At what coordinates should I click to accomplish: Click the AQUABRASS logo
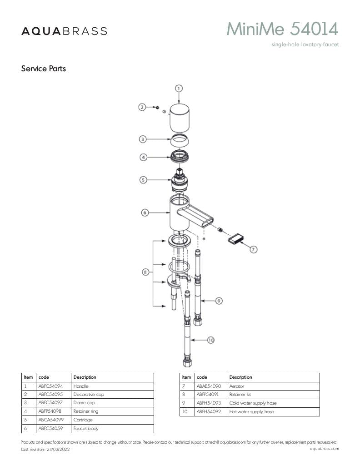64,31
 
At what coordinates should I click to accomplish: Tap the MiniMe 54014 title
282,29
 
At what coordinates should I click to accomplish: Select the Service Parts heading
43,69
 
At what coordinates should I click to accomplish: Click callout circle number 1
178,89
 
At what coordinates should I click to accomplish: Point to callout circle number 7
253,249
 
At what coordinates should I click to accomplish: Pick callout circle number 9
219,301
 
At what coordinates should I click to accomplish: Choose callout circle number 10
211,340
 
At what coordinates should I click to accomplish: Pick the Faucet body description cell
112,429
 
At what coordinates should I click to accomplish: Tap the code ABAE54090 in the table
209,386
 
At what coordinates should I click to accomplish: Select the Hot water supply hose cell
273,412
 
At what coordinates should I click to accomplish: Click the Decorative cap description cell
112,395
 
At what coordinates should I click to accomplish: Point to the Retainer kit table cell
273,395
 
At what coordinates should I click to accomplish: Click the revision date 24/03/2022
58,449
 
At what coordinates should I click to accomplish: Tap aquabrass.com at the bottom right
324,448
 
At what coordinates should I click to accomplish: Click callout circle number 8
145,272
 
